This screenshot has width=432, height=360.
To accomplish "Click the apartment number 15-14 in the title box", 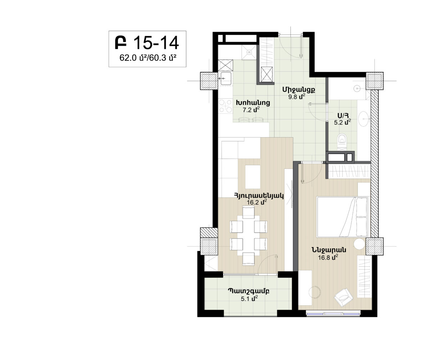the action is point(156,42).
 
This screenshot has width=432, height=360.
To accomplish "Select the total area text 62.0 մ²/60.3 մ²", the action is point(148,58).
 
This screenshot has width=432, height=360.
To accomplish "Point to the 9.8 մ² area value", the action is point(297,96).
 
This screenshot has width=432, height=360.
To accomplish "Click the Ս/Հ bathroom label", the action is point(343,116).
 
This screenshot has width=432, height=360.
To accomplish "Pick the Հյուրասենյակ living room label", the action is point(258,195).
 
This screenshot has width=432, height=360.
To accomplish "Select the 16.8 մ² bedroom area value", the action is point(328,257).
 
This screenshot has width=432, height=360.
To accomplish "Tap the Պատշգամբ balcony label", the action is point(248,291).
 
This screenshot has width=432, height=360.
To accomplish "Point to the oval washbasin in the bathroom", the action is point(364,119).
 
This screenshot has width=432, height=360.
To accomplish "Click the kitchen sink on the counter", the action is point(226,78).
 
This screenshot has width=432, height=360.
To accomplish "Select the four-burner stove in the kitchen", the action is point(225,106).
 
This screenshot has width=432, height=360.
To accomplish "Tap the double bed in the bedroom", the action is point(342,217).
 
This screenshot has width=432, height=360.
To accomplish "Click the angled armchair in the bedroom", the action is point(343,297).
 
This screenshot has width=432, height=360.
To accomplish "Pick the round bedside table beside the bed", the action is point(359,244).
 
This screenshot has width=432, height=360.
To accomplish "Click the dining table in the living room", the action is point(248,235).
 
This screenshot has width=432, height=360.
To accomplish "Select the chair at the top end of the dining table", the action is point(248,213).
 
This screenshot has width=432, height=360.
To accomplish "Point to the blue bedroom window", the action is point(333,314).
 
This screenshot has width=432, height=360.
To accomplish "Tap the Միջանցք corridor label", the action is point(299,90).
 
